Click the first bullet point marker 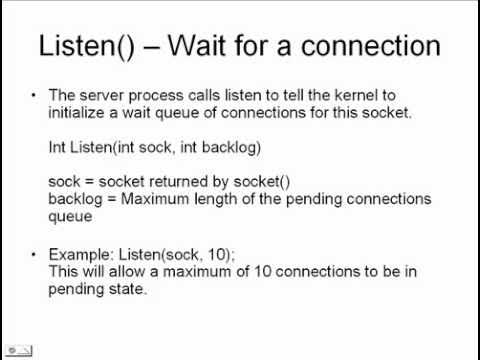click(34, 95)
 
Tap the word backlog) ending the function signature click(234, 147)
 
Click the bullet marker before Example click(34, 249)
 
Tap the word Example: click(81, 249)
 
